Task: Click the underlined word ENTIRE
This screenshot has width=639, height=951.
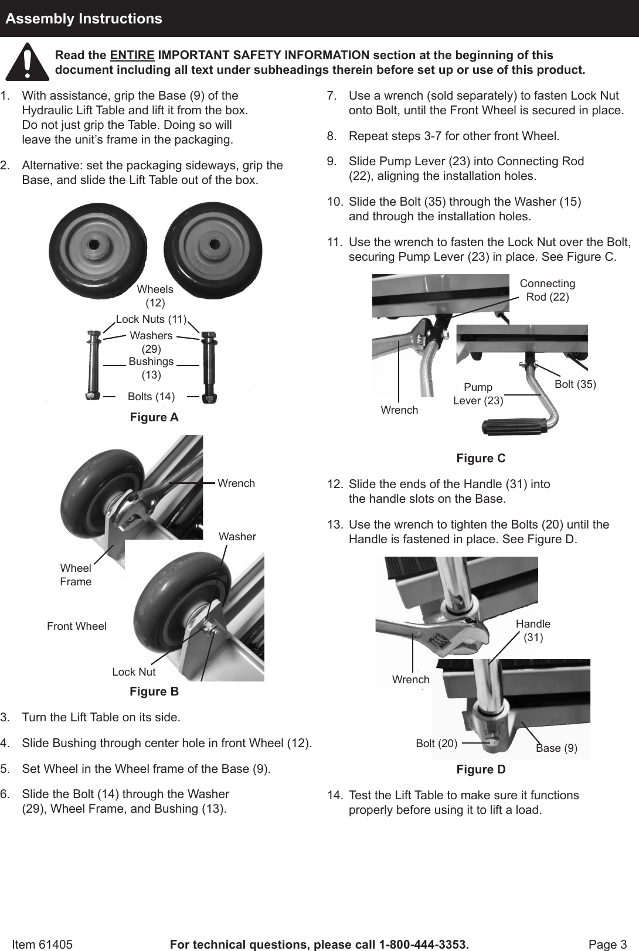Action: (132, 56)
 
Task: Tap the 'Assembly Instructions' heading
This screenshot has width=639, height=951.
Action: (84, 19)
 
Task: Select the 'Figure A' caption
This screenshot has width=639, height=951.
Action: (154, 417)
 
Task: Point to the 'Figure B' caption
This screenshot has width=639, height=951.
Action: (154, 691)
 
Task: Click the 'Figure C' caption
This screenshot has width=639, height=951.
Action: (481, 458)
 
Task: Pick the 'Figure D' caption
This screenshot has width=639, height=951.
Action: (481, 769)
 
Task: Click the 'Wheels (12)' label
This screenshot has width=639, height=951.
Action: (155, 296)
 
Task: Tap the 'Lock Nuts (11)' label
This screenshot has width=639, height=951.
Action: (151, 319)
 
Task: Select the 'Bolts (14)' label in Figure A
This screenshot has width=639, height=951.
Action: (151, 397)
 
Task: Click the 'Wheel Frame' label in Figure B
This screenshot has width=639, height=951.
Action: (76, 575)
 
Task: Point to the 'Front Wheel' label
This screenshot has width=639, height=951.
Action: (77, 626)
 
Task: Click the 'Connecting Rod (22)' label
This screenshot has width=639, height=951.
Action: (548, 290)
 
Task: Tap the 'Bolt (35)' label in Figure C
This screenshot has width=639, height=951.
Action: (575, 384)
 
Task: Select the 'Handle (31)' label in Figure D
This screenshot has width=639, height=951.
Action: (533, 630)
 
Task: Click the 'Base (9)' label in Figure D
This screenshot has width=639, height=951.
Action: (556, 748)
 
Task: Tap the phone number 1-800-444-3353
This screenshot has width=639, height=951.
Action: (423, 945)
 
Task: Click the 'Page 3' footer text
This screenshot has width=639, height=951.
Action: (607, 945)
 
